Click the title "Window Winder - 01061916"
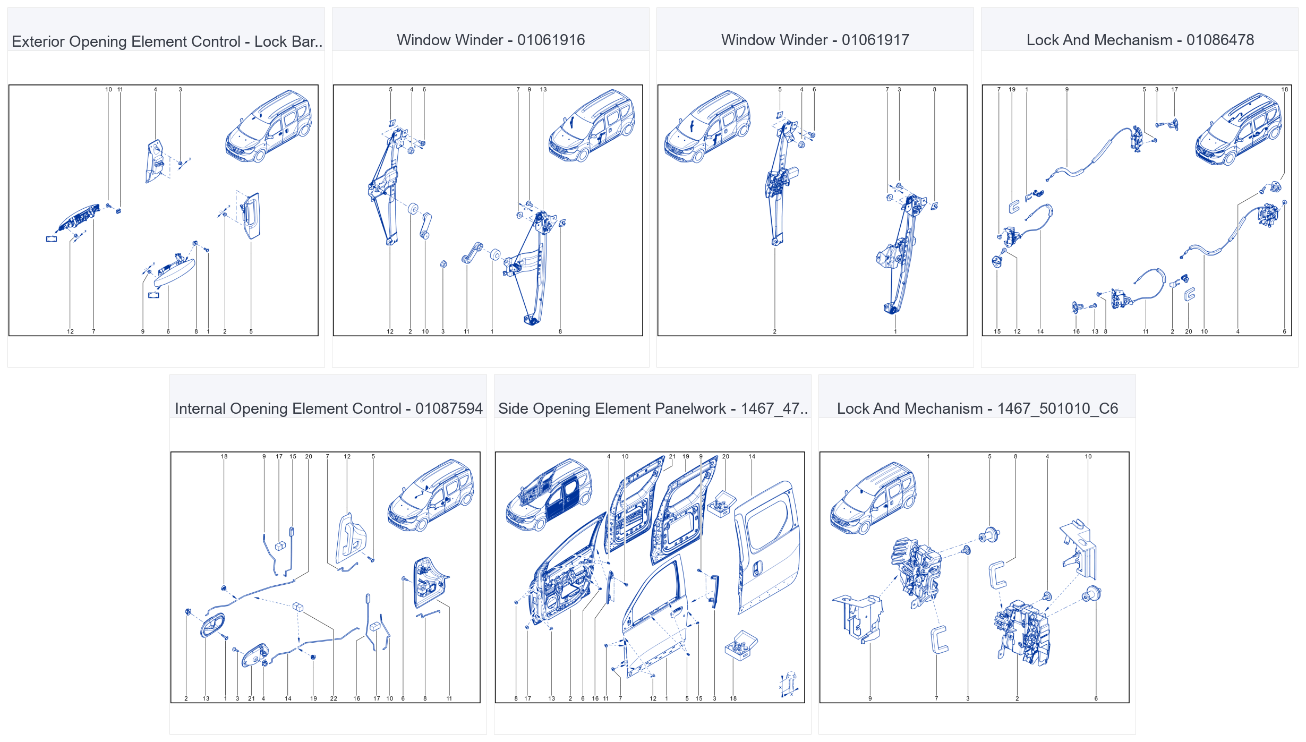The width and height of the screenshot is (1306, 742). click(x=490, y=40)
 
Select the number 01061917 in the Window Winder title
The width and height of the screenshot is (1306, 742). click(x=875, y=40)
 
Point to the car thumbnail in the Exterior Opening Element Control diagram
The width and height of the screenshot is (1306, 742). click(x=268, y=126)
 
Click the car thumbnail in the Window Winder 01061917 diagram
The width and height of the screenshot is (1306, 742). click(x=707, y=126)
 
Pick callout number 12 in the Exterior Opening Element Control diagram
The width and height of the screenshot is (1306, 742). click(x=70, y=331)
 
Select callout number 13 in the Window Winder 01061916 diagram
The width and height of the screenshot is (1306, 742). click(x=543, y=89)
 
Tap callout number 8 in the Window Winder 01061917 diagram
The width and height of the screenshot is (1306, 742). click(x=935, y=89)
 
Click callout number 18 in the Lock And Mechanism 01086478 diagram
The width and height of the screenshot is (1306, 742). click(x=1284, y=89)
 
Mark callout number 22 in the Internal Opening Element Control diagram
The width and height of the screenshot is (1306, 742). click(x=334, y=698)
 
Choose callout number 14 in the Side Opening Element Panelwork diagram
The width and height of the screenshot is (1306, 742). click(x=752, y=456)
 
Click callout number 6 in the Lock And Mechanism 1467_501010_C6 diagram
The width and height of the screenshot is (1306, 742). click(x=1096, y=698)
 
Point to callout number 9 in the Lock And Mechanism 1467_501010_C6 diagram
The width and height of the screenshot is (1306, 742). click(x=870, y=698)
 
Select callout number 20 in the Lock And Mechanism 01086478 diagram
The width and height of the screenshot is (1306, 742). click(x=1189, y=331)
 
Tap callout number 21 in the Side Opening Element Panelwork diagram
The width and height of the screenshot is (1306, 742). click(x=672, y=456)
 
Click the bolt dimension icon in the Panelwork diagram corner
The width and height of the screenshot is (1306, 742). click(x=789, y=684)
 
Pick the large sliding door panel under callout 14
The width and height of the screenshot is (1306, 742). click(x=767, y=547)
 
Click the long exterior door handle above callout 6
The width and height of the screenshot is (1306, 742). click(x=174, y=272)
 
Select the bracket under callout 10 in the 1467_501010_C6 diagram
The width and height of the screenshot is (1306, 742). click(x=1079, y=550)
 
